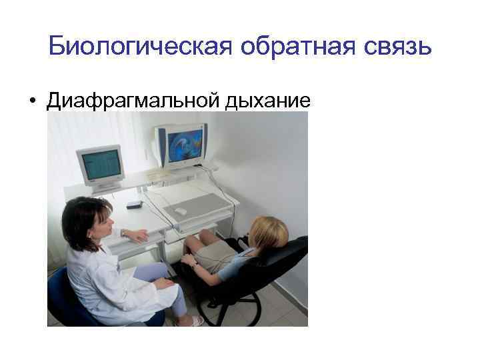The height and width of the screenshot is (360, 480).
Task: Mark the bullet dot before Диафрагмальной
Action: coord(31,101)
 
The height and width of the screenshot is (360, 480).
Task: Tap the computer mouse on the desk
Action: coord(179,211)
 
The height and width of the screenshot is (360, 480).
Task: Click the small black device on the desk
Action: coord(135,203)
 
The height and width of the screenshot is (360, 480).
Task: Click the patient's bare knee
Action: coord(189,243)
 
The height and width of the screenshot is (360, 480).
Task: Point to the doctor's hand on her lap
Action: coord(163,283)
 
